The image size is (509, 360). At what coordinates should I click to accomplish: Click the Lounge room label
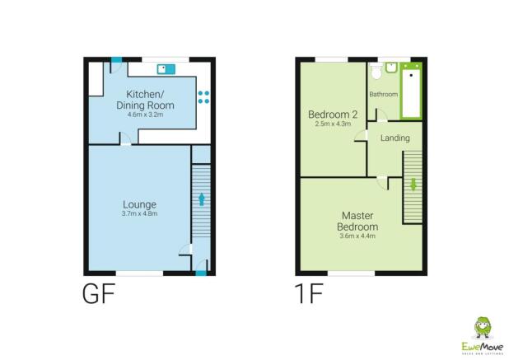coord(140,204)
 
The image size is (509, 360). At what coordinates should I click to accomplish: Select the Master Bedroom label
coord(359,222)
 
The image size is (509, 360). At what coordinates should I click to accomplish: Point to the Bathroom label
coord(383,95)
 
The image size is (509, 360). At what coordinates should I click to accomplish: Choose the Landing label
coord(395,138)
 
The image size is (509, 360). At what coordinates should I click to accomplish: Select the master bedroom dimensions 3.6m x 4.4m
coord(359,236)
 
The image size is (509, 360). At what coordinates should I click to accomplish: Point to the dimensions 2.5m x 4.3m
coord(333,124)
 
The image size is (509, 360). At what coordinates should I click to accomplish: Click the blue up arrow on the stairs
coord(200,199)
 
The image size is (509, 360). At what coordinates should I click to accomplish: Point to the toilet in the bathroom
coord(377,68)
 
